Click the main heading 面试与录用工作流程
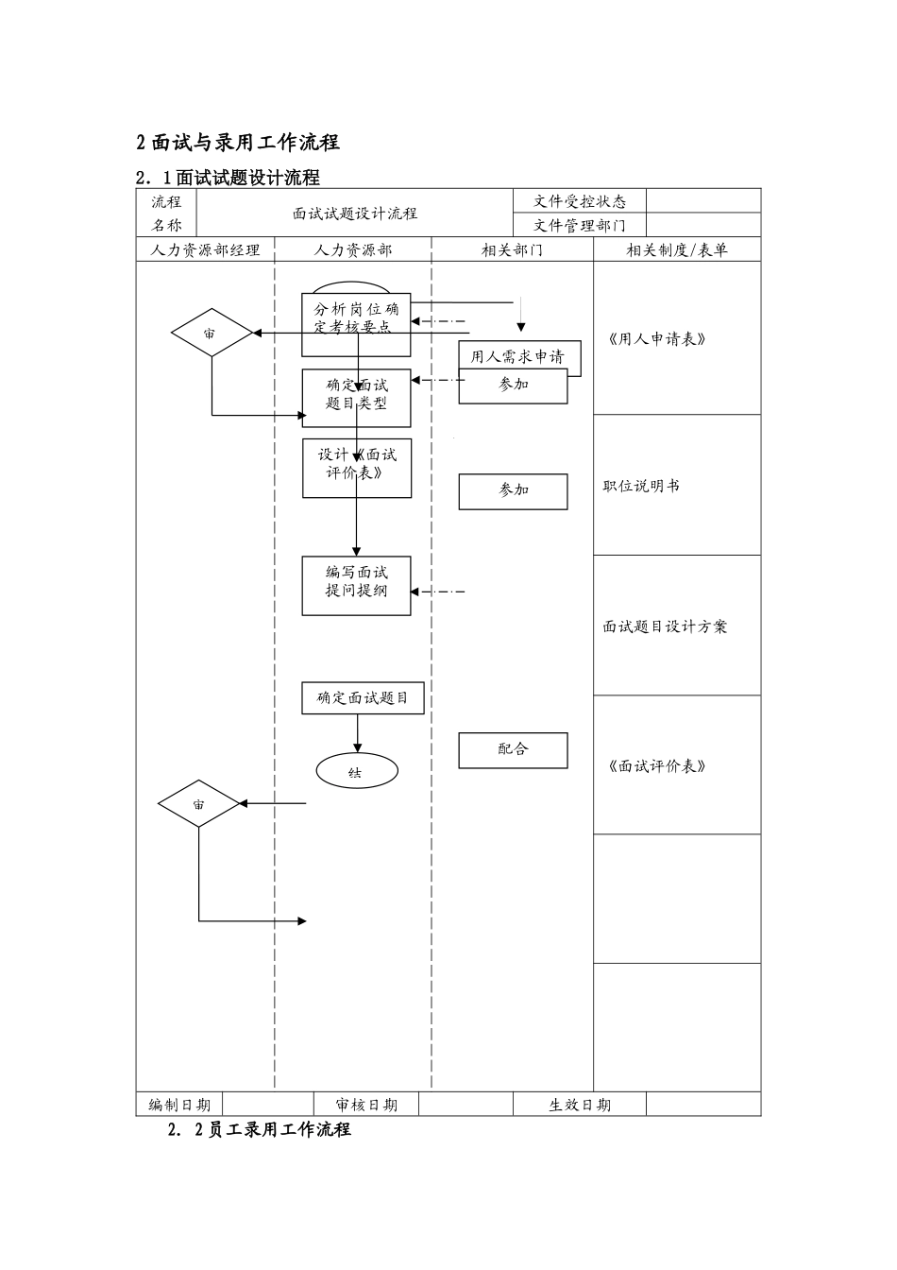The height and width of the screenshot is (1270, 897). [x=237, y=143]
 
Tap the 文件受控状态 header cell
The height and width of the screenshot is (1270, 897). [x=579, y=201]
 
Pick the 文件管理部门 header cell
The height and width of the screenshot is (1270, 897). [x=579, y=225]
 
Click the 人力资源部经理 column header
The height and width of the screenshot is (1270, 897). [x=205, y=250]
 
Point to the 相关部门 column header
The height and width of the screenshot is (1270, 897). [x=512, y=250]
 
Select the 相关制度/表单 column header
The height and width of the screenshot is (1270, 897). [x=676, y=250]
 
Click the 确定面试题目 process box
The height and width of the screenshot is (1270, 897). [x=363, y=698]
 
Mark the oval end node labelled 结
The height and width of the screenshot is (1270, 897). [x=356, y=772]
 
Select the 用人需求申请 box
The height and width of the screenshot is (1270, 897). [x=517, y=356]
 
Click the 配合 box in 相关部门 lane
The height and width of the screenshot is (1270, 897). [x=513, y=750]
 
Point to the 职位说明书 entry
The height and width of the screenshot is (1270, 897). [x=641, y=486]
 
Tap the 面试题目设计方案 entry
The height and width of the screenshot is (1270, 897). [x=665, y=626]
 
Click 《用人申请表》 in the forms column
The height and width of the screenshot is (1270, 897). [x=656, y=339]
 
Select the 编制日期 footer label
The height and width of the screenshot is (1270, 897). [x=179, y=1105]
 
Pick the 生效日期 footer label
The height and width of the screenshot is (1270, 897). [x=579, y=1105]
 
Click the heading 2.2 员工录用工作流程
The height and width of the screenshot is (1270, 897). [x=259, y=1130]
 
